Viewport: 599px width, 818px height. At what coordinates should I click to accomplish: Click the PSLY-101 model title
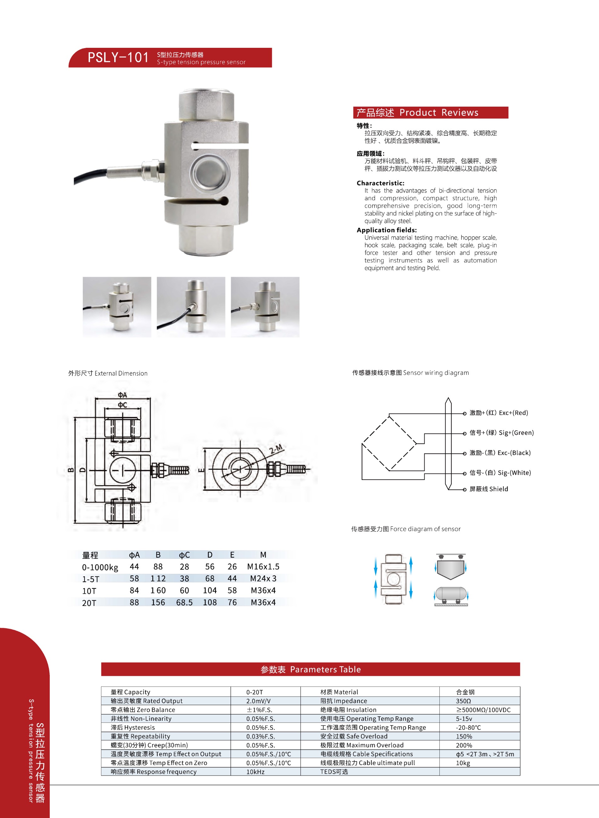tap(118, 58)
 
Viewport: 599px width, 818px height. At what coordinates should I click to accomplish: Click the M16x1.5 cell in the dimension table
tap(263, 567)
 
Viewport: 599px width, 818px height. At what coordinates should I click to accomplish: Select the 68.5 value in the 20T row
tap(184, 602)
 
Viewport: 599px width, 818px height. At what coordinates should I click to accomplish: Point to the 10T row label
tap(89, 591)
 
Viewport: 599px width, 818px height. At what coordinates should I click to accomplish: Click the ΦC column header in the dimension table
tap(184, 555)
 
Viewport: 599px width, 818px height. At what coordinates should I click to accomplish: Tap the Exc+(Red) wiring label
tap(499, 413)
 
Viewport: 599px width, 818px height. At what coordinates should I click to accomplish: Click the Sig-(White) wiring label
tap(500, 473)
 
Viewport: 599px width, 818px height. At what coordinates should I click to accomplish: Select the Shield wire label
tap(489, 489)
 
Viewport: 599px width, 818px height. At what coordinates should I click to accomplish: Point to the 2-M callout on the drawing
tap(276, 449)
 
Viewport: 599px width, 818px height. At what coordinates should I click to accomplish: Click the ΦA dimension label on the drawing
tap(122, 395)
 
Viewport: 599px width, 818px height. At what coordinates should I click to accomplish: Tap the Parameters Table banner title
tap(310, 670)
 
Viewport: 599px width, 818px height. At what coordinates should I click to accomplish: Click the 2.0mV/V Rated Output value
tap(258, 701)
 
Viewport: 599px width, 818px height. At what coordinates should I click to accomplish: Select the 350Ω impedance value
tap(463, 701)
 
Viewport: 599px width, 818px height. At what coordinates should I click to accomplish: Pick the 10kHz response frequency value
tap(255, 772)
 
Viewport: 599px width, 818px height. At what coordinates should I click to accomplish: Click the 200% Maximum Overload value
tap(464, 745)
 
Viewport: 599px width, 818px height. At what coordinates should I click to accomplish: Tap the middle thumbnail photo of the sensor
tap(191, 307)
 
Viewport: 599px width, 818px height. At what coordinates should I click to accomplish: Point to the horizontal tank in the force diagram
tap(451, 593)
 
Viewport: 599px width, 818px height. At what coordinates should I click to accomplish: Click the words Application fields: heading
tap(387, 230)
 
